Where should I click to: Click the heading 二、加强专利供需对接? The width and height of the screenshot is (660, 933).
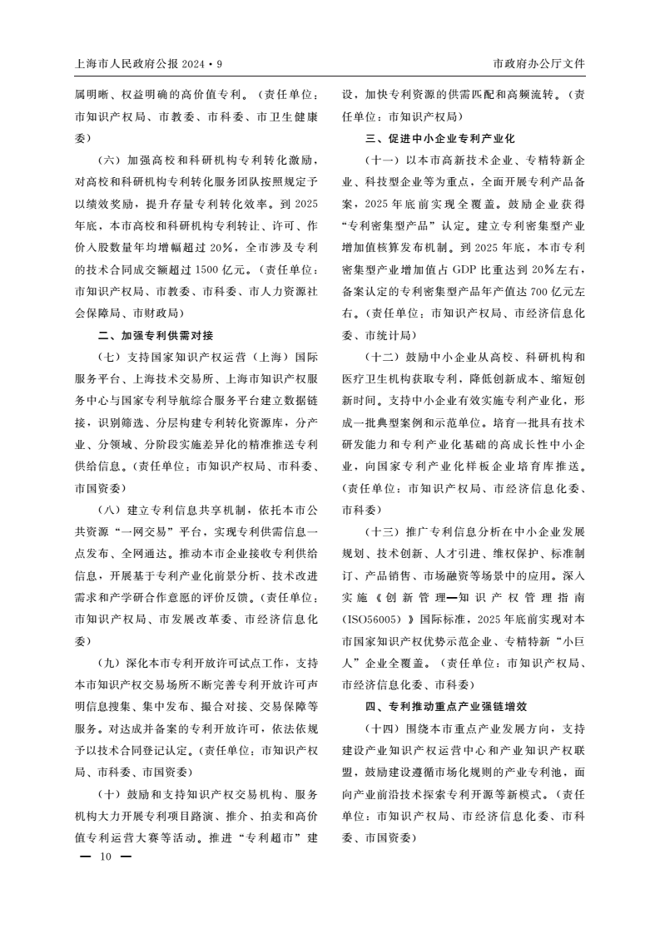[156, 335]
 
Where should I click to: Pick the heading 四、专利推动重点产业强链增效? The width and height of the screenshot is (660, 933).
[446, 706]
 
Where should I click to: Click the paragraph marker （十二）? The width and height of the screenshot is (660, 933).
[384, 357]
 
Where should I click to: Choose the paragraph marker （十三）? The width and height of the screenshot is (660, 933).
[384, 531]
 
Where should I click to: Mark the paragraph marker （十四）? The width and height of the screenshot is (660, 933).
[384, 728]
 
